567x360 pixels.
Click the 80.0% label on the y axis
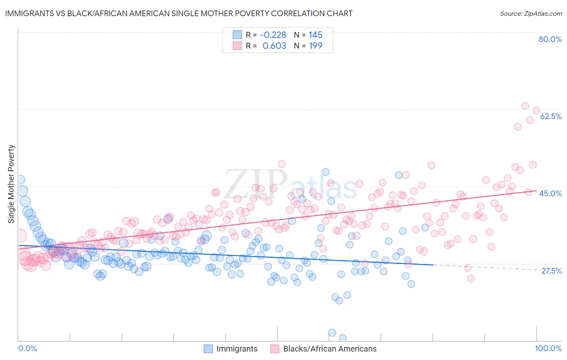[x=550, y=39]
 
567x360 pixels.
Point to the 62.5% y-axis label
[x=551, y=116]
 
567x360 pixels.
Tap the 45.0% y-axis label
[x=550, y=193]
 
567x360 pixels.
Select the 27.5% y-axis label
[x=551, y=271]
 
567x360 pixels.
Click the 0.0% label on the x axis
[x=27, y=349]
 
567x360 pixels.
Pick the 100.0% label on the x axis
[x=548, y=349]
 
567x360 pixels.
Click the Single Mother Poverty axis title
[x=11, y=184]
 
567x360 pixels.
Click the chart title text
[x=179, y=13]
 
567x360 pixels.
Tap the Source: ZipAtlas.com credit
[x=531, y=13]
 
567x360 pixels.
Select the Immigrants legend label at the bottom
[x=237, y=349]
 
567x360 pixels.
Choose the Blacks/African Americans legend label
[x=329, y=349]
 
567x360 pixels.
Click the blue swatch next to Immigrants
[x=208, y=349]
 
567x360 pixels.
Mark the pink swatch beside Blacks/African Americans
[x=275, y=349]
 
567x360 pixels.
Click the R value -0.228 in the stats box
[x=273, y=35]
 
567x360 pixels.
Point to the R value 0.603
[x=274, y=46]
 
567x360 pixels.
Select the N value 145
[x=315, y=35]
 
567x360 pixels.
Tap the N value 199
[x=315, y=46]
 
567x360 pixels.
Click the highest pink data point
[x=525, y=106]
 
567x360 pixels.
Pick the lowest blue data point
[x=343, y=338]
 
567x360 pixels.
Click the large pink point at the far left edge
[x=20, y=235]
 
